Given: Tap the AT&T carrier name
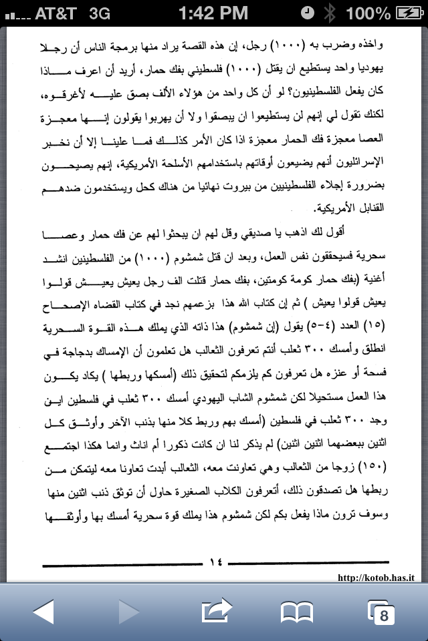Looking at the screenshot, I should coord(47,13).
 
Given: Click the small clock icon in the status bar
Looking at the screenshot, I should coord(307,13).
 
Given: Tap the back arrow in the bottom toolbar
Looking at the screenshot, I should coord(42,611).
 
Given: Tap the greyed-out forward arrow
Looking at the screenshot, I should coord(128,611).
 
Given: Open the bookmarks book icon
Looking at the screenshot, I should coord(297,611).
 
